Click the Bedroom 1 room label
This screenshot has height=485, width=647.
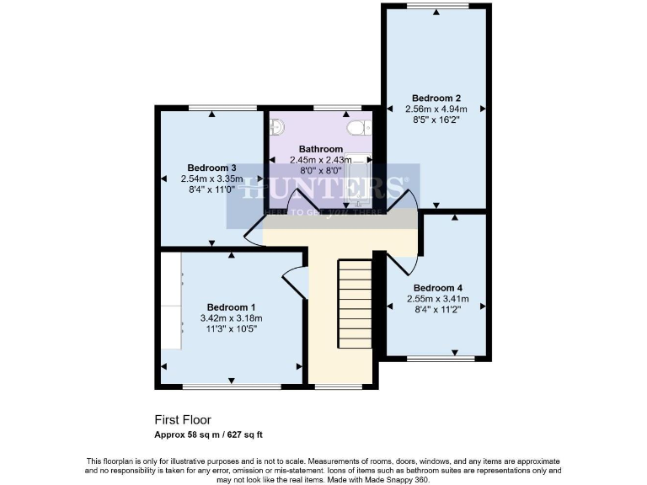pyautogui.click(x=232, y=306)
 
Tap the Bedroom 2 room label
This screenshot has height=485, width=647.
pyautogui.click(x=436, y=97)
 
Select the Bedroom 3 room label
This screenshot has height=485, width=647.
pyautogui.click(x=211, y=168)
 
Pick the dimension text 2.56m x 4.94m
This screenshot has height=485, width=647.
pyautogui.click(x=436, y=109)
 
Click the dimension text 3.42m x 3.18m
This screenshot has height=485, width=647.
pyautogui.click(x=232, y=318)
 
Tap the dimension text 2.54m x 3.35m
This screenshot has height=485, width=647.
pyautogui.click(x=211, y=179)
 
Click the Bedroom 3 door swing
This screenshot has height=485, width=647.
pyautogui.click(x=253, y=232)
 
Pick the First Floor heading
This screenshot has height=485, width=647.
pyautogui.click(x=182, y=419)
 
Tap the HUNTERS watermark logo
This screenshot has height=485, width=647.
pyautogui.click(x=323, y=189)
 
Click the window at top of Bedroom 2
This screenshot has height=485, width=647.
pyautogui.click(x=436, y=7)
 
